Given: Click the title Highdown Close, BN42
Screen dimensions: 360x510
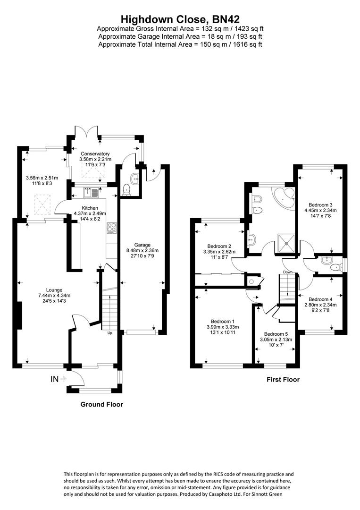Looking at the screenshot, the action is [x=180, y=18].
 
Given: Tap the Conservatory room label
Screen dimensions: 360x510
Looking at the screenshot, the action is [x=95, y=154].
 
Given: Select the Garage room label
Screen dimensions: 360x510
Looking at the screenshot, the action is [x=142, y=245].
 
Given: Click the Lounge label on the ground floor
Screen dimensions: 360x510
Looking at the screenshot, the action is [x=54, y=290].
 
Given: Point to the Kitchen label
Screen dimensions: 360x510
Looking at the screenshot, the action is [x=90, y=208].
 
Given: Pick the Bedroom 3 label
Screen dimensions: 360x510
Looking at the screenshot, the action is [x=320, y=205].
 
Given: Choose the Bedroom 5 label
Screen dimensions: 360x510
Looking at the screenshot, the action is [x=276, y=334].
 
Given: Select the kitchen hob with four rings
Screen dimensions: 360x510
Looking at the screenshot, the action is [x=111, y=228].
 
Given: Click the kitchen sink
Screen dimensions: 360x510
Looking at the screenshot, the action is [x=91, y=193].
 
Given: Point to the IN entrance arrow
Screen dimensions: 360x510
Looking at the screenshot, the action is [x=63, y=379].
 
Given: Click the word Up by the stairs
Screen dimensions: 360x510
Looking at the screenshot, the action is [x=110, y=333].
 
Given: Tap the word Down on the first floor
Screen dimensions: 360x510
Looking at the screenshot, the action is [x=287, y=272].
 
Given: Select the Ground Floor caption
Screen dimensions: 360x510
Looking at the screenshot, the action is [x=102, y=404].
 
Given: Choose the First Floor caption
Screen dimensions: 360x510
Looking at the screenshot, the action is [x=283, y=379].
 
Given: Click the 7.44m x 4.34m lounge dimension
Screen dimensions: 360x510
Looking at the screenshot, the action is [x=54, y=295].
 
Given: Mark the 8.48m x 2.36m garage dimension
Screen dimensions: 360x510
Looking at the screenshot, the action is [x=142, y=250].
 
